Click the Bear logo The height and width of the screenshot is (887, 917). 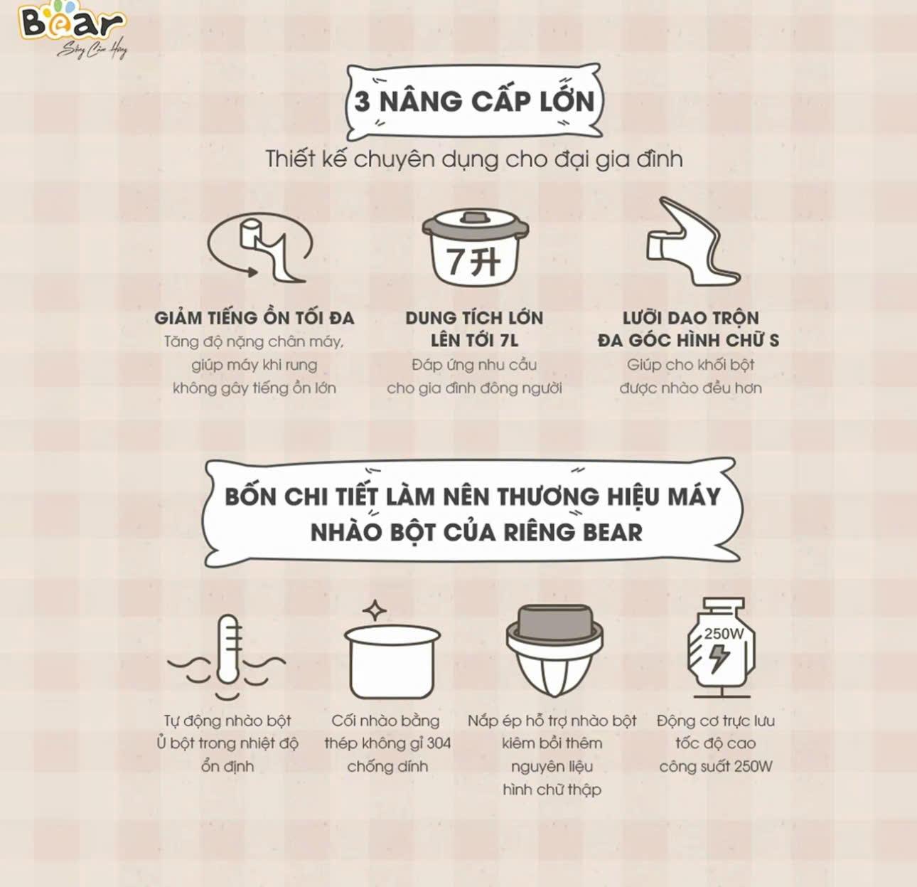73,29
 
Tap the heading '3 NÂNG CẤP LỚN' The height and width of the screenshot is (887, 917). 474,102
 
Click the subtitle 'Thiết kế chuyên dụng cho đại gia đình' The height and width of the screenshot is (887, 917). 474,159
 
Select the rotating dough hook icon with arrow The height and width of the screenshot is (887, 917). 259,248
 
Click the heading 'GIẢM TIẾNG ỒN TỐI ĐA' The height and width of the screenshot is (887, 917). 254,318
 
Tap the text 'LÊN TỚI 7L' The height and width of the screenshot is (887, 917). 474,341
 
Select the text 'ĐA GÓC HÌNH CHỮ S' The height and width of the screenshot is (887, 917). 689,341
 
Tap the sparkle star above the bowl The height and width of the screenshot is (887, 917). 375,611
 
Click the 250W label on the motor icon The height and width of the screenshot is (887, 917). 724,634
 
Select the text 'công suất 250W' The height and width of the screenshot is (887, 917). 716,766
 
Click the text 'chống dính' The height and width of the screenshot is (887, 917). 387,766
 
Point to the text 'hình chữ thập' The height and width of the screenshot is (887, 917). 552,790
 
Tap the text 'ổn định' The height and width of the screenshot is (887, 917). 227,766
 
